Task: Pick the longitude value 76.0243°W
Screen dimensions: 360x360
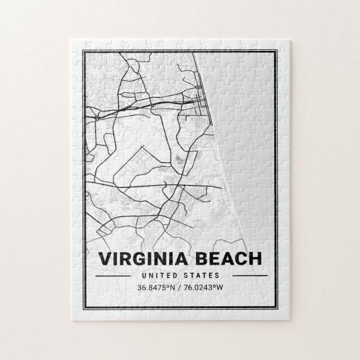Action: click(205, 288)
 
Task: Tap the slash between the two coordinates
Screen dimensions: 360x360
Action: click(180, 288)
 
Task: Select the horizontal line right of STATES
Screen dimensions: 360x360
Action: click(249, 276)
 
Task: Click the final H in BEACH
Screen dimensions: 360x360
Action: click(254, 259)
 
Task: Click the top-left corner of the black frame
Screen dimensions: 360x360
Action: click(83, 51)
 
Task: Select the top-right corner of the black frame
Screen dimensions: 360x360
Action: click(277, 51)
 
